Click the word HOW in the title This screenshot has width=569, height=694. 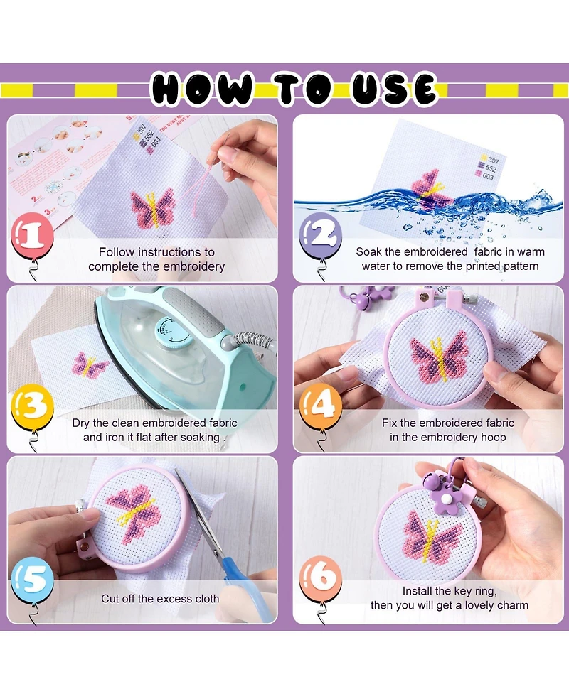click(x=202, y=90)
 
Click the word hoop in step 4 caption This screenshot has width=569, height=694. click(x=492, y=437)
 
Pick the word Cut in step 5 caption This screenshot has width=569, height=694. click(x=110, y=599)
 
